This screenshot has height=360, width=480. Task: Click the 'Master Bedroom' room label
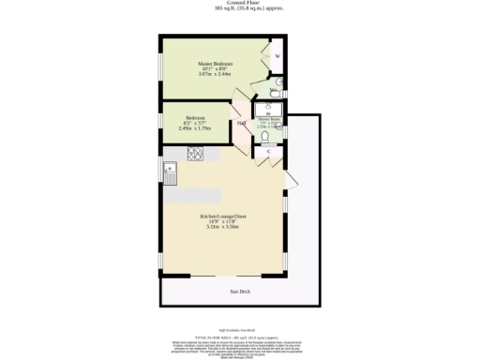[216, 64]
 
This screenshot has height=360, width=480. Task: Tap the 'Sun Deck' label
[240, 292]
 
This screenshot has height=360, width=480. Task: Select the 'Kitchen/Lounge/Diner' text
[222, 216]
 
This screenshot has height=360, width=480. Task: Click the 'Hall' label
[241, 123]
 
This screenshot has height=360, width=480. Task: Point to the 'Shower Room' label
[269, 119]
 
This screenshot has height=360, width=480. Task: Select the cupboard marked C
[268, 151]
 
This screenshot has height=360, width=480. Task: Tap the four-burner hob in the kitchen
[197, 154]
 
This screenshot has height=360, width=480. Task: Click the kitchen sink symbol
[170, 170]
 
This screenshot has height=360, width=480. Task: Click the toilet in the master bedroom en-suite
[276, 90]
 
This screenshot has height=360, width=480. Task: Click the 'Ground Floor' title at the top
[240, 3]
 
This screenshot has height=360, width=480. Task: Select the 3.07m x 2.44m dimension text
[216, 74]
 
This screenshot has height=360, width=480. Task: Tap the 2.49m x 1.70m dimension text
[195, 128]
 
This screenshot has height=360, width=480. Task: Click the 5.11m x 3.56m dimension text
[222, 227]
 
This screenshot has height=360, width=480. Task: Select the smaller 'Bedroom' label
[195, 118]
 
